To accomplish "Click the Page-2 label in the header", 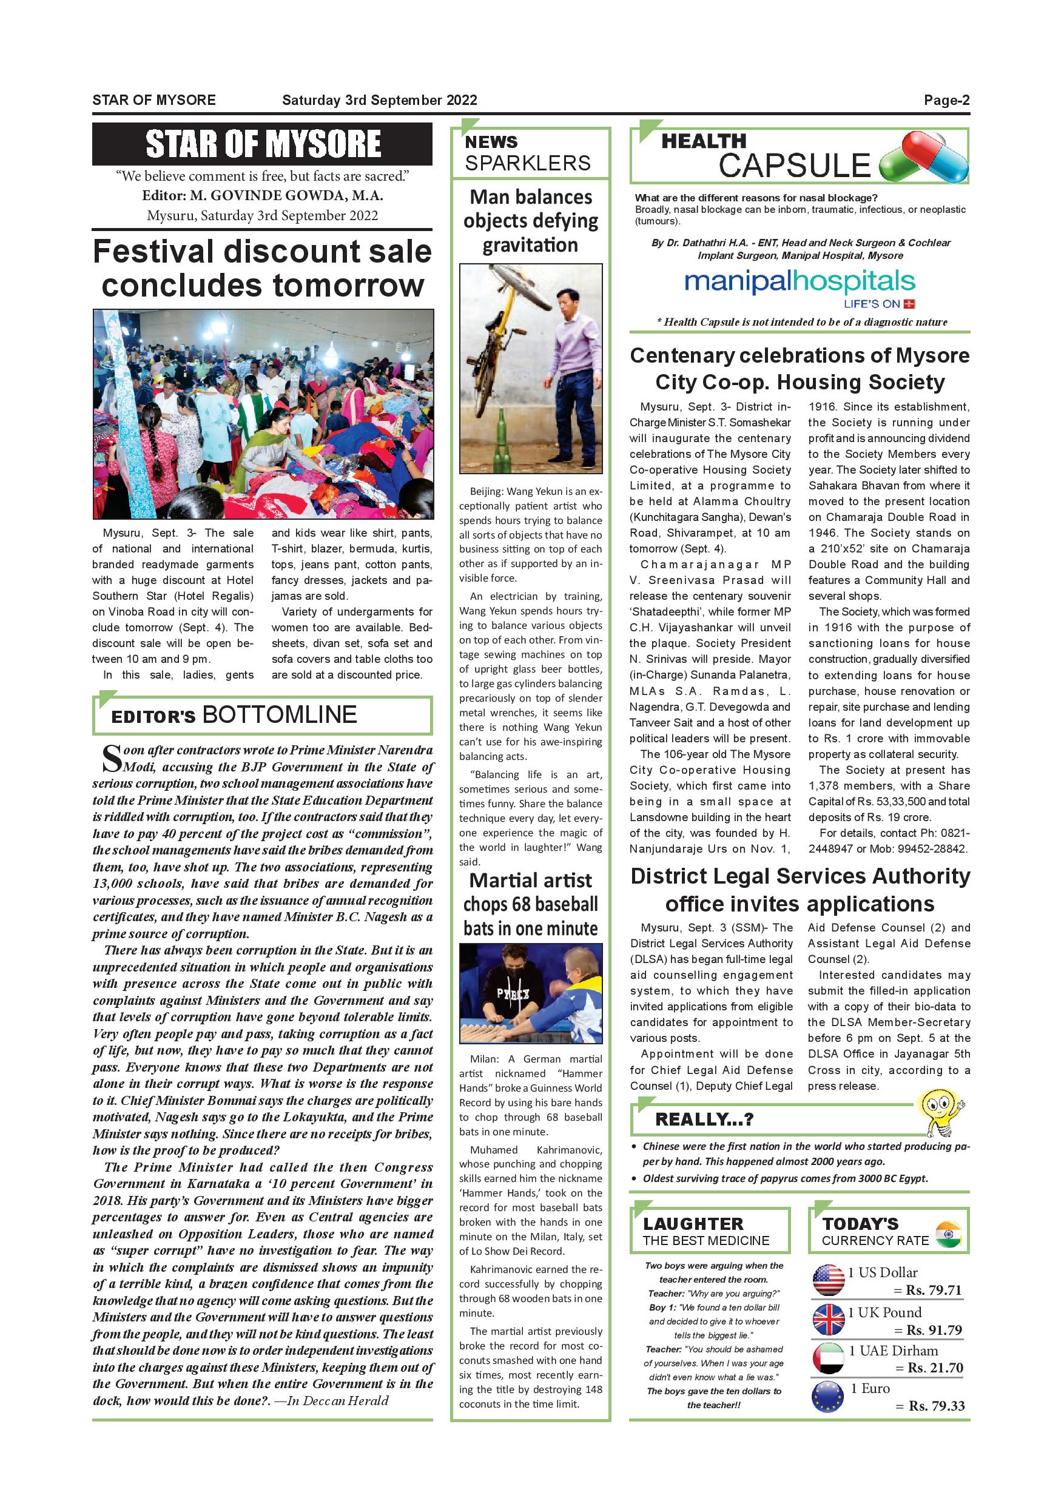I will [x=946, y=100].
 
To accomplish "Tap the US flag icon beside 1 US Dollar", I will [x=828, y=1280].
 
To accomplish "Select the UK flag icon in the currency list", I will [x=828, y=1319].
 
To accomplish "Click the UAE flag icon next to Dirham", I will [x=828, y=1358].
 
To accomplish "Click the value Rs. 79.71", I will [x=934, y=1290].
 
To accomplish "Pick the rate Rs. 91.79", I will [x=934, y=1330].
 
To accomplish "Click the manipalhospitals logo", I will [x=800, y=283].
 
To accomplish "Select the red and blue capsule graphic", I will [x=924, y=156].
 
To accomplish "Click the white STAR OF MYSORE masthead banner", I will [x=263, y=144].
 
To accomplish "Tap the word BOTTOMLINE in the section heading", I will [x=280, y=714].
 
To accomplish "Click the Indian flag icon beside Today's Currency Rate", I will [x=948, y=1234].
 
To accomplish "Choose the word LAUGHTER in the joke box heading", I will [x=693, y=1224].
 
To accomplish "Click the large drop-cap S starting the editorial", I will [x=112, y=759].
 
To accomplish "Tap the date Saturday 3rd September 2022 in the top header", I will [x=379, y=100].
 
